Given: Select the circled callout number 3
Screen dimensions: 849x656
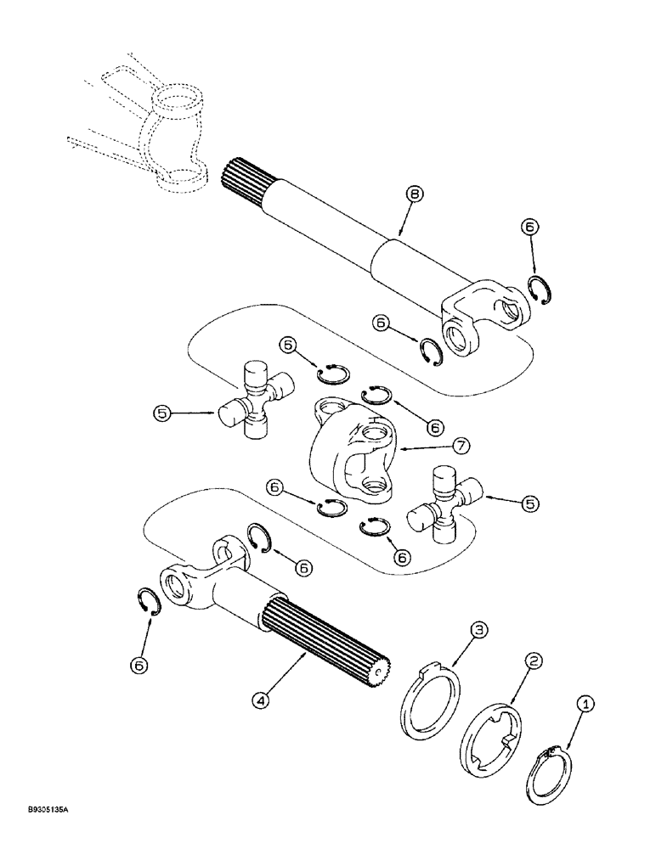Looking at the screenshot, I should (479, 629).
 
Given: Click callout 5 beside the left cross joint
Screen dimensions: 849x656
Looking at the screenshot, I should (163, 413).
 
